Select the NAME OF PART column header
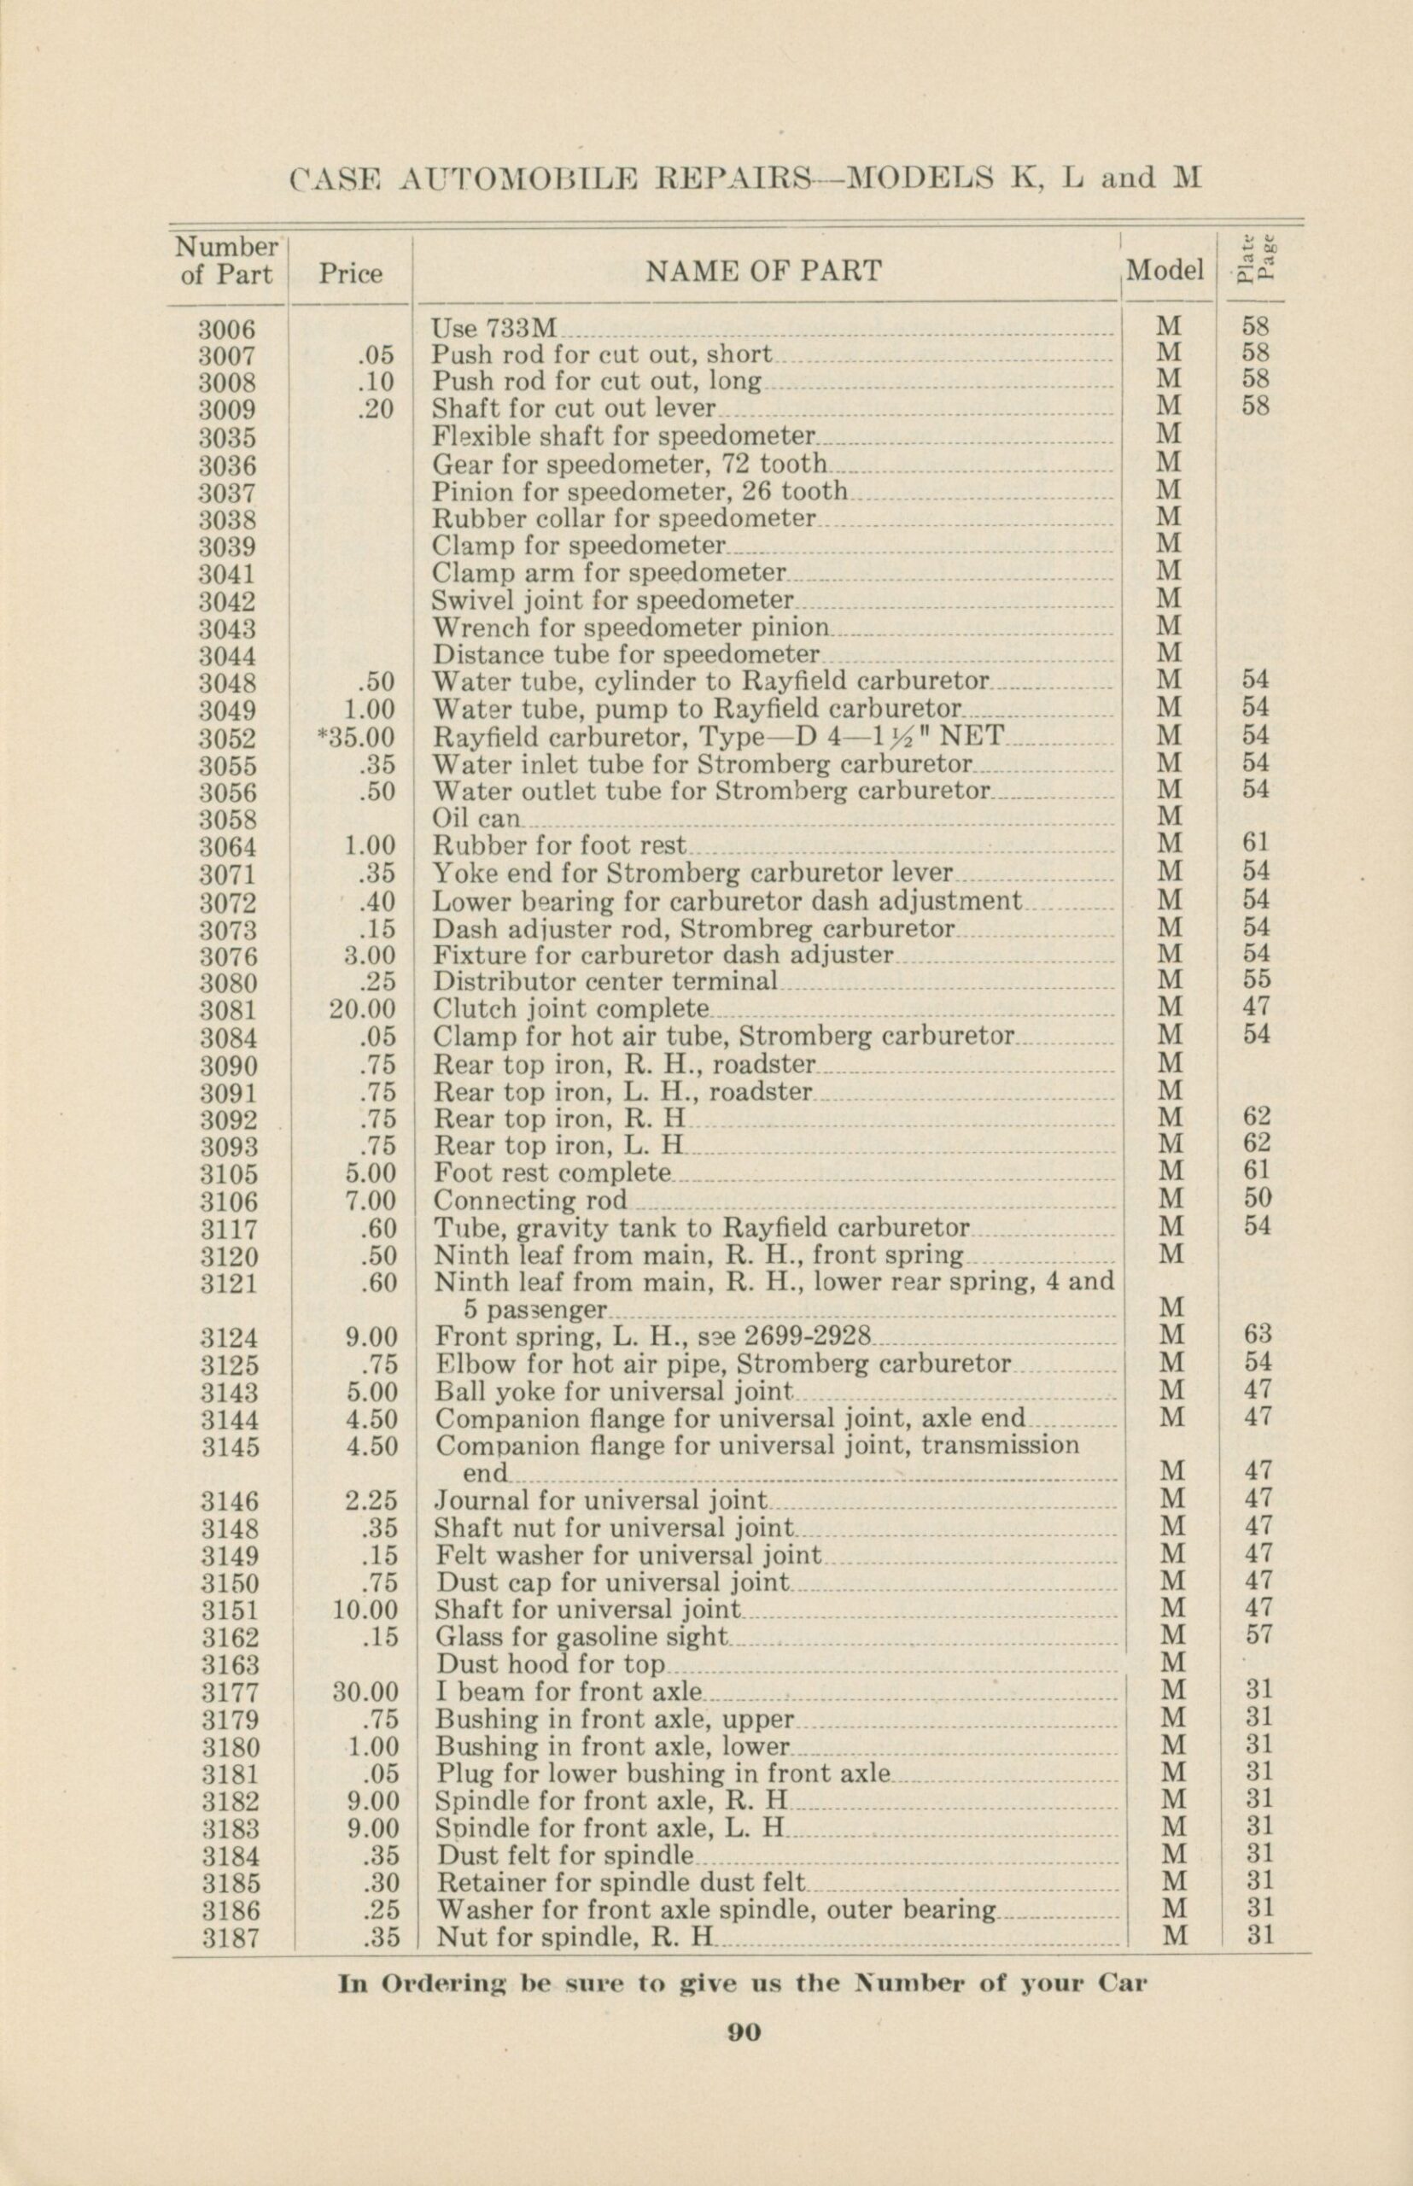click(x=763, y=272)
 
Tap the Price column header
click(x=351, y=273)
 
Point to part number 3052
click(x=229, y=738)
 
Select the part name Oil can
click(x=476, y=818)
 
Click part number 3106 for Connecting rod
click(x=229, y=1201)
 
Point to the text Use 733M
click(x=494, y=327)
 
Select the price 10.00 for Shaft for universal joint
click(x=366, y=1610)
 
